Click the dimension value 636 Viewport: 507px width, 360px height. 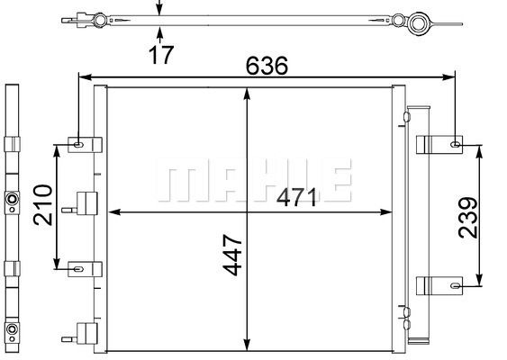(267, 66)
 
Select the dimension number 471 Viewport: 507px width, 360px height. (297, 197)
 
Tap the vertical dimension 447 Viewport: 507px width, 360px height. (232, 255)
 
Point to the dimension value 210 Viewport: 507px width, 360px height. (42, 205)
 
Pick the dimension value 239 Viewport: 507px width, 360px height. (468, 218)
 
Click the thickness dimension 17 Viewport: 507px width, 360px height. (161, 55)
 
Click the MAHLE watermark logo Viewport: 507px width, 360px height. (254, 180)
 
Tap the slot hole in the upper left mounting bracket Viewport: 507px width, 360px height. (78, 145)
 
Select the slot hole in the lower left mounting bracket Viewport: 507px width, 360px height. (78, 269)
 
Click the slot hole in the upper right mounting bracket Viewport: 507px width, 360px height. (456, 144)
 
